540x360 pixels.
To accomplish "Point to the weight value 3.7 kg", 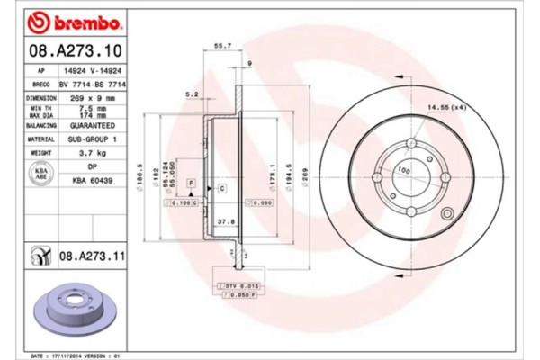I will coord(93,155).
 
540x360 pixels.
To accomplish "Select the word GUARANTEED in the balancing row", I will coord(93,127).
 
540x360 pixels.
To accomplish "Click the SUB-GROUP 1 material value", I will coord(93,140).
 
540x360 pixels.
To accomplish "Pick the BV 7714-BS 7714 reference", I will coord(93,83).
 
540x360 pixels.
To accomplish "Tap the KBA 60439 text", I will coord(93,181).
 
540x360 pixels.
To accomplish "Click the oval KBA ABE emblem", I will coord(40,175).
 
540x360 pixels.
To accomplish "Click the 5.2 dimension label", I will coord(191,94).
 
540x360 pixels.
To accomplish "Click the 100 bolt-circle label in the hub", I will coord(402,171).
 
